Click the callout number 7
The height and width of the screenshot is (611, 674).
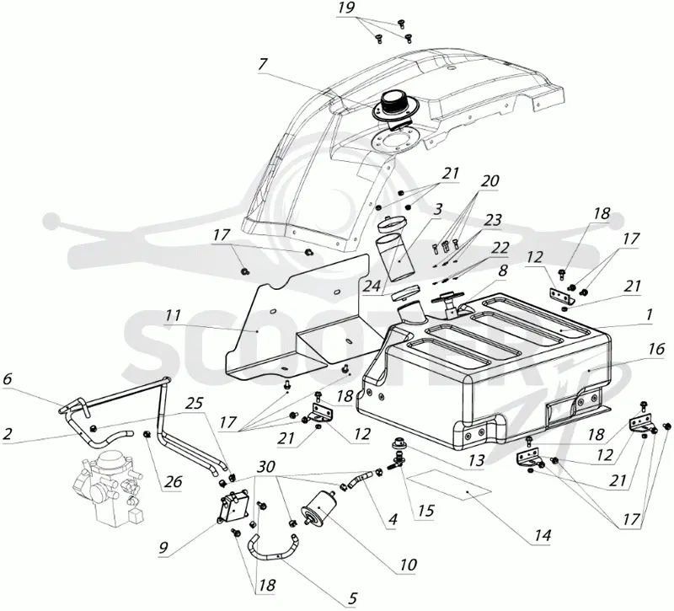(263, 65)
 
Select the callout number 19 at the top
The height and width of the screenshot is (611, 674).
(345, 8)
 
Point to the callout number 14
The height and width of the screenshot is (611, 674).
(543, 535)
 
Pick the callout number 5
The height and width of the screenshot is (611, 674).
(352, 598)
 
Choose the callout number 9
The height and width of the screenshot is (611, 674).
(163, 547)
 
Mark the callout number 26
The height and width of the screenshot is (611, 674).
(174, 481)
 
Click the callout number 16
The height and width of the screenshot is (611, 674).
(656, 349)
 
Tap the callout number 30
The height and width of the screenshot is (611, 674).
(266, 467)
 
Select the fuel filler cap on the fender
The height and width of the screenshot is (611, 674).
(392, 107)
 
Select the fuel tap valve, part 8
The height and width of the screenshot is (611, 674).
(448, 303)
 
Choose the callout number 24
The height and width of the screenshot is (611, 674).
(371, 286)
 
